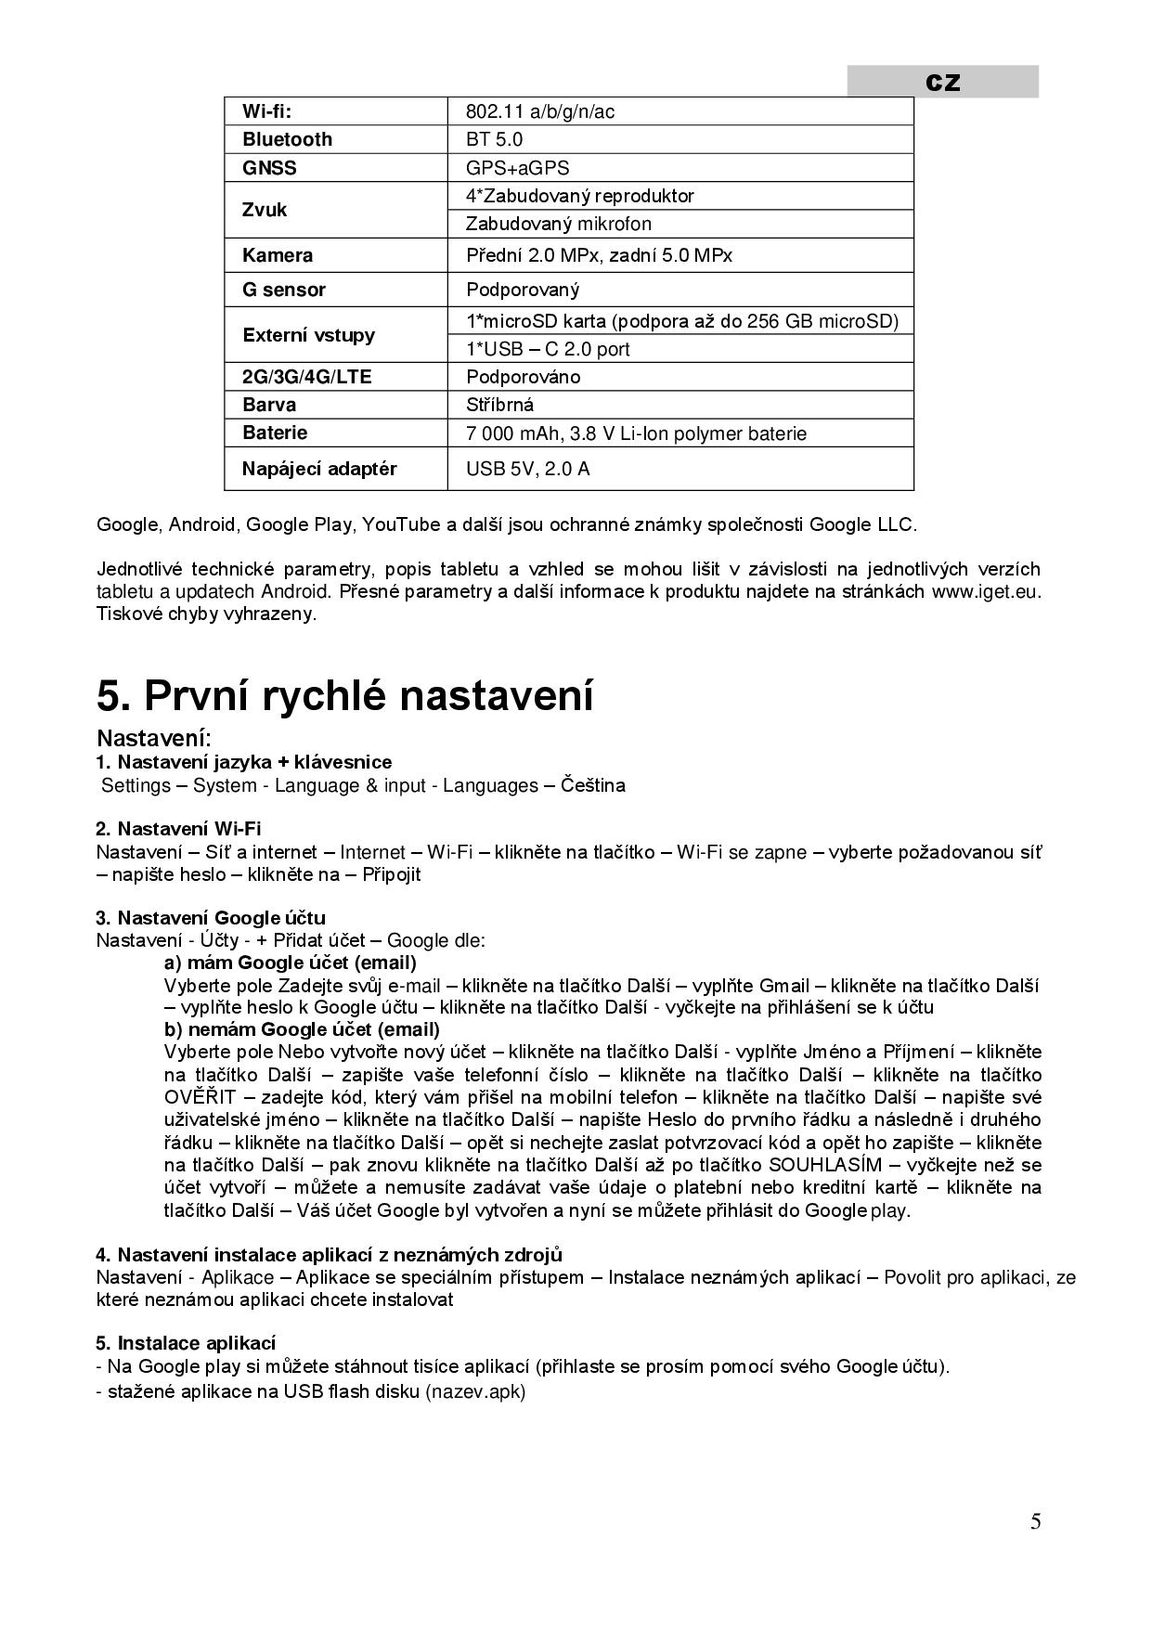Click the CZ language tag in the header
[942, 83]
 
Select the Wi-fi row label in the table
[266, 112]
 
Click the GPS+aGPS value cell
[517, 168]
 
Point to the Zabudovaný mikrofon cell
[558, 224]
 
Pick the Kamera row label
[277, 255]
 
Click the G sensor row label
[283, 290]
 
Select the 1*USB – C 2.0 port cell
[548, 349]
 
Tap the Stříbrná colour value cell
[499, 405]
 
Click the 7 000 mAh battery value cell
[636, 433]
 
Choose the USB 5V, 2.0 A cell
[527, 469]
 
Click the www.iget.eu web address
[985, 591]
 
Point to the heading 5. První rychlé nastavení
[344, 696]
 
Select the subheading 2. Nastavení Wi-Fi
[178, 828]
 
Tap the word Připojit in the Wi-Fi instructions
[391, 874]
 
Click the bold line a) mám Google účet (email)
[290, 963]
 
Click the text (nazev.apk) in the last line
[475, 1392]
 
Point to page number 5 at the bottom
[1035, 1521]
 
